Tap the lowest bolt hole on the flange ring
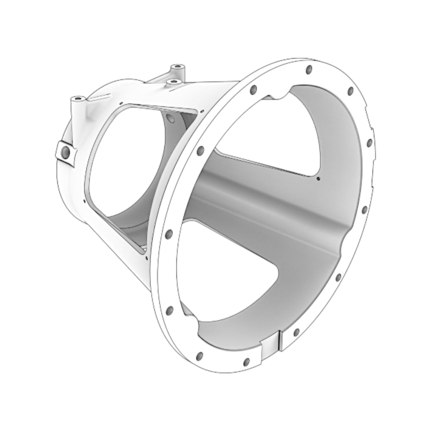click(246, 362)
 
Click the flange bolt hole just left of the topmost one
click(254, 89)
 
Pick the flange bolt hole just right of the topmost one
click(350, 90)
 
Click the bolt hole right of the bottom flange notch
click(296, 332)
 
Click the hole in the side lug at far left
click(65, 153)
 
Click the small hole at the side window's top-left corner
click(121, 103)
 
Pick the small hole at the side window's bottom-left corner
click(85, 201)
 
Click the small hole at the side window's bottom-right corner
click(147, 256)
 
